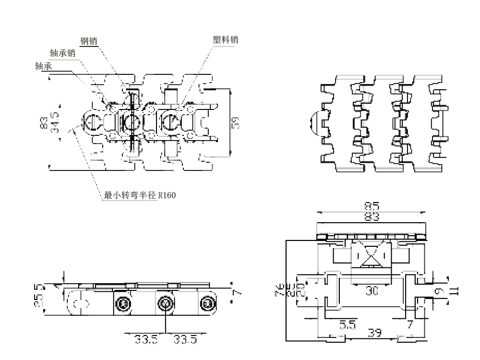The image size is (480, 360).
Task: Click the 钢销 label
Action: pos(89,41)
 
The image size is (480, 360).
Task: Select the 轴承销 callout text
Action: pos(62,53)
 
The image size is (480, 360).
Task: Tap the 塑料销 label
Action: pos(226,40)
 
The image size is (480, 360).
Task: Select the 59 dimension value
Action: pos(236,122)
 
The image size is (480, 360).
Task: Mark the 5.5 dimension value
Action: pos(348,325)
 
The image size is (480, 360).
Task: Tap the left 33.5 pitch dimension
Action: pos(145,340)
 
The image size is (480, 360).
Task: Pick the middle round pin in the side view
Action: pos(165,303)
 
